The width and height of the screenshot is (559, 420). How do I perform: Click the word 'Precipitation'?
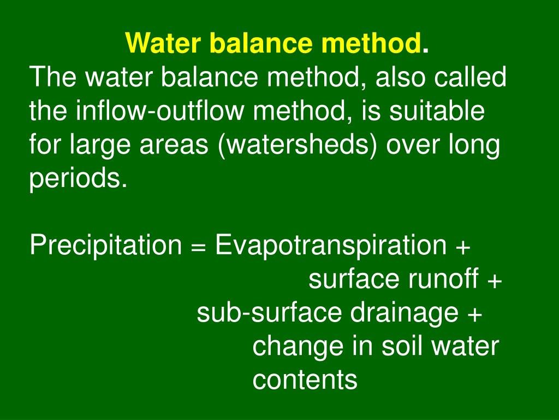pyautogui.click(x=105, y=246)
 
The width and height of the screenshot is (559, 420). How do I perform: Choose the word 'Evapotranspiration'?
pyautogui.click(x=330, y=246)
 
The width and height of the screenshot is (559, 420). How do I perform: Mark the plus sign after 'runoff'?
pyautogui.click(x=495, y=281)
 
